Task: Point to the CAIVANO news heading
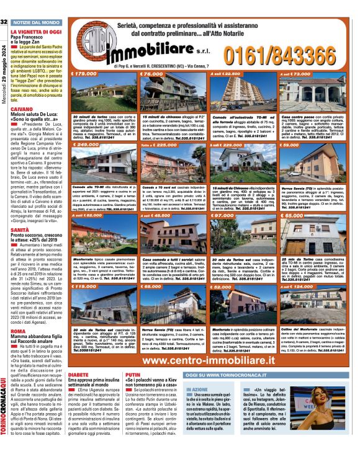tap(21, 109)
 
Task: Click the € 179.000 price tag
tap(85, 73)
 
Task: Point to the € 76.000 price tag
tap(151, 73)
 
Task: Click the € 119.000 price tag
tap(84, 287)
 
